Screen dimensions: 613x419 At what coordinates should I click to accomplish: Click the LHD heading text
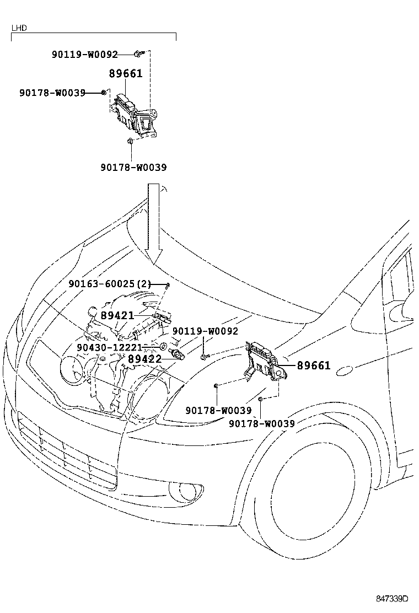(19, 28)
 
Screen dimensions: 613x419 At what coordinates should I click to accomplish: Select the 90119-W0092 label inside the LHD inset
(84, 55)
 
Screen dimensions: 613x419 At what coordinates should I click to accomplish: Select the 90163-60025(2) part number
(110, 284)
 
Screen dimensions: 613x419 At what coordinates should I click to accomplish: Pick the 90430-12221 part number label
(109, 347)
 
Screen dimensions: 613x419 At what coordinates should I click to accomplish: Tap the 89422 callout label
(144, 359)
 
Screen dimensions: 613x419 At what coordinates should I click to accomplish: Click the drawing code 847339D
(392, 598)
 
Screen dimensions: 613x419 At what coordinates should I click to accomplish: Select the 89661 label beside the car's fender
(314, 365)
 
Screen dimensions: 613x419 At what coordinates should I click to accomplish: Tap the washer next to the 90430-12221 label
(163, 347)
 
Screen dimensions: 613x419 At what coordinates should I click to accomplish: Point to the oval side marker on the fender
(348, 371)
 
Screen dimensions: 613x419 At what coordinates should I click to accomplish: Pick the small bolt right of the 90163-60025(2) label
(166, 284)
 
